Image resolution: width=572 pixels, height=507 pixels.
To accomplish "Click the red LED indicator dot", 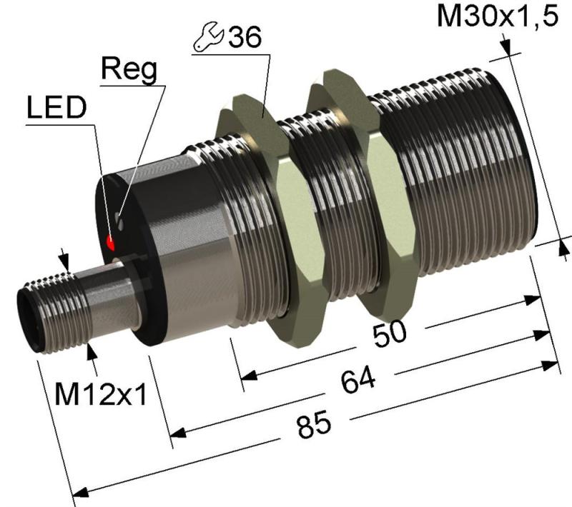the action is pyautogui.click(x=110, y=242).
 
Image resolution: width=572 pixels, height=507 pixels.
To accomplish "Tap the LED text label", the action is pyautogui.click(x=57, y=108).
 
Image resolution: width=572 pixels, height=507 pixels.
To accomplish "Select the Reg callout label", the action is pyautogui.click(x=129, y=69).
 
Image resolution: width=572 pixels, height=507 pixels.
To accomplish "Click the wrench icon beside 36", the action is pyautogui.click(x=208, y=36).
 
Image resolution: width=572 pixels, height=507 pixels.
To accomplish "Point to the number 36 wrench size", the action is pyautogui.click(x=245, y=37).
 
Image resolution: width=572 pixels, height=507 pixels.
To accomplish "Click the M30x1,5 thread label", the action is pyautogui.click(x=498, y=16).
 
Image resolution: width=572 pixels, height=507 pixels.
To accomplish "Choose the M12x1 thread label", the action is pyautogui.click(x=101, y=395).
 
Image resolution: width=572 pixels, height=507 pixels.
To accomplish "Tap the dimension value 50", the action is pyautogui.click(x=389, y=333).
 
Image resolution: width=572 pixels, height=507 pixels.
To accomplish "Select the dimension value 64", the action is pyautogui.click(x=358, y=380).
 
